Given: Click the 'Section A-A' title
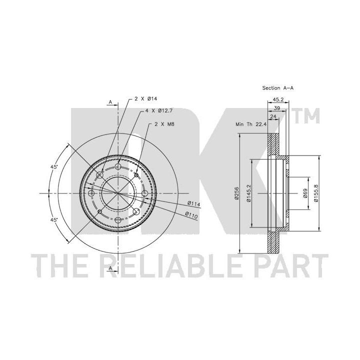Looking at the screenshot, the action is click(x=278, y=88).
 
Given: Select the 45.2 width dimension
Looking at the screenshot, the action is click(x=278, y=99).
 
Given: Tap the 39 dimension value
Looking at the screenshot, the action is click(x=277, y=108).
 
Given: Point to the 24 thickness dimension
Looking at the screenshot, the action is click(x=273, y=116).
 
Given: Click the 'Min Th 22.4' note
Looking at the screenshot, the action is click(x=251, y=124).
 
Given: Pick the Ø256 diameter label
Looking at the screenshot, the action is click(x=237, y=193).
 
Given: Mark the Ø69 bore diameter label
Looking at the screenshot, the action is click(x=305, y=193).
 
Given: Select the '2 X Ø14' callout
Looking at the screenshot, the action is click(x=146, y=99).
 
